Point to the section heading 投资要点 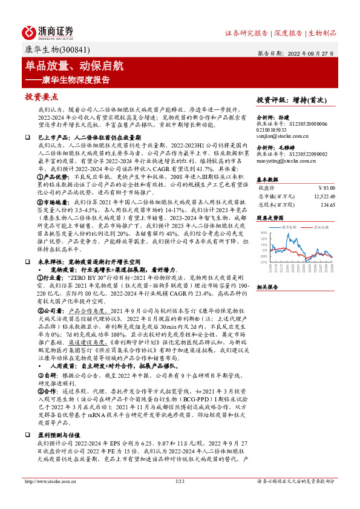(x=42, y=96)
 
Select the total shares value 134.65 (x=327, y=204)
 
